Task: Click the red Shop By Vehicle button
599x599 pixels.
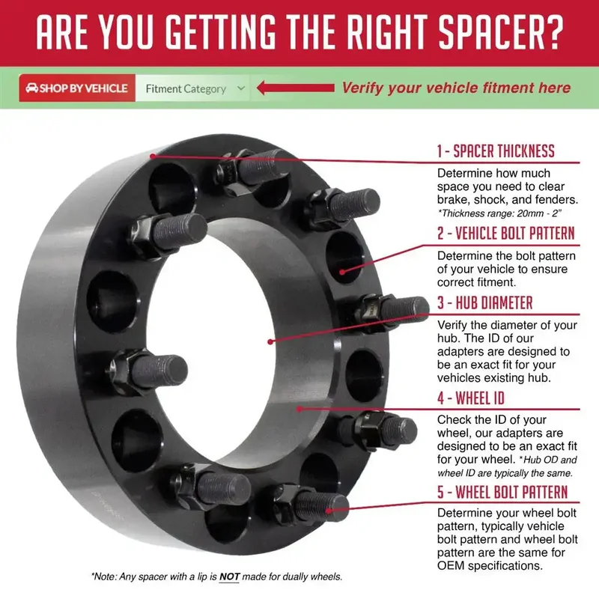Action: (77, 88)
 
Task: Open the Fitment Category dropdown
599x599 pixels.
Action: (192, 88)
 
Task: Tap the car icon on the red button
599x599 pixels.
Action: (31, 88)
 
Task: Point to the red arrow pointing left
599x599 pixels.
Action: (295, 88)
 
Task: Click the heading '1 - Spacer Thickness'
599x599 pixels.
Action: (496, 151)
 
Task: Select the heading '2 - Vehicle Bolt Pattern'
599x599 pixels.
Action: (506, 233)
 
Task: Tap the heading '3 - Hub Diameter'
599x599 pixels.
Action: (484, 302)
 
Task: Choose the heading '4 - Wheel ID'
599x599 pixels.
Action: (471, 398)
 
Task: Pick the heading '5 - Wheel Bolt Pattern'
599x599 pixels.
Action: (502, 492)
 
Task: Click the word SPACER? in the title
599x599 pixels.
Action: (501, 32)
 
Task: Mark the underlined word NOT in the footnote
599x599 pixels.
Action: (229, 577)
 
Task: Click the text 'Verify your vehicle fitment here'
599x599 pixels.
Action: (456, 88)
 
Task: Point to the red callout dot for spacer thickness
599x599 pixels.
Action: (153, 156)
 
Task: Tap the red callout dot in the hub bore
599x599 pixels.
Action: (270, 341)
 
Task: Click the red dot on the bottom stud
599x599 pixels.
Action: (329, 511)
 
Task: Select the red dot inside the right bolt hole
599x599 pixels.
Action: (342, 272)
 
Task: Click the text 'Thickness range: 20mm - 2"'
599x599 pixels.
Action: (499, 213)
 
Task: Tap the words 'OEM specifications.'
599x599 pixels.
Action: (490, 565)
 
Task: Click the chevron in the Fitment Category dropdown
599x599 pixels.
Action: (240, 88)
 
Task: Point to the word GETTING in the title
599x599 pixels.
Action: (221, 32)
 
